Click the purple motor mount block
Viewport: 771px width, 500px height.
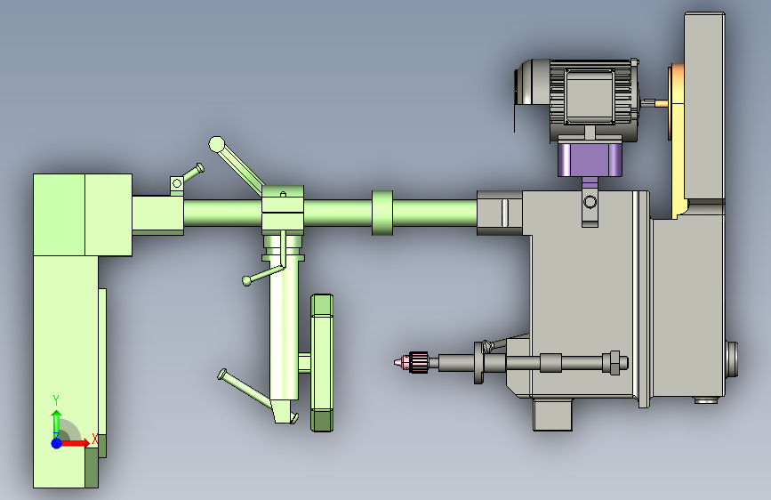[590, 159]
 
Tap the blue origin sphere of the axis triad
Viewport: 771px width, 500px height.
[57, 443]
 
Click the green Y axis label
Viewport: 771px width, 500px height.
[56, 399]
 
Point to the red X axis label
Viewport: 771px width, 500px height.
[95, 439]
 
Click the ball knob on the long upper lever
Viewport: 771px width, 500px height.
[216, 145]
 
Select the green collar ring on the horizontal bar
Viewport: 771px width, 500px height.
[382, 214]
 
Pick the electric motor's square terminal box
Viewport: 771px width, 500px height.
[590, 96]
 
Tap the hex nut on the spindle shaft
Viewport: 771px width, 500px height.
[614, 363]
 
